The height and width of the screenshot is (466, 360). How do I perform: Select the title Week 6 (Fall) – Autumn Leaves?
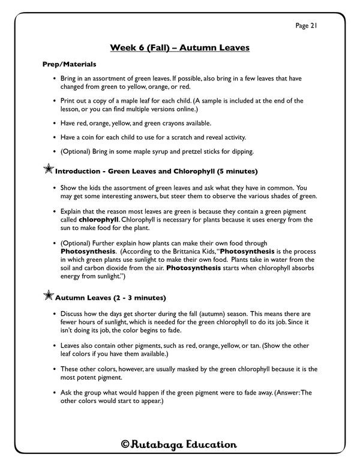tap(180, 47)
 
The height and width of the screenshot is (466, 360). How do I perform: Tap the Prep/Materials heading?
tap(69, 64)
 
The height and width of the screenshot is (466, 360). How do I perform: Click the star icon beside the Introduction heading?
tap(48, 171)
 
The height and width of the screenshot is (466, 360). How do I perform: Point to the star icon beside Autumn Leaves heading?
tap(48, 296)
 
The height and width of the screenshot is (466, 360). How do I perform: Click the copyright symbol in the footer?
tap(125, 444)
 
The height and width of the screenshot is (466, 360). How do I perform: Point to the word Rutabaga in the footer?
tap(158, 444)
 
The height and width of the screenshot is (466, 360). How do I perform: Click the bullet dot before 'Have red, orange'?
tap(55, 123)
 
